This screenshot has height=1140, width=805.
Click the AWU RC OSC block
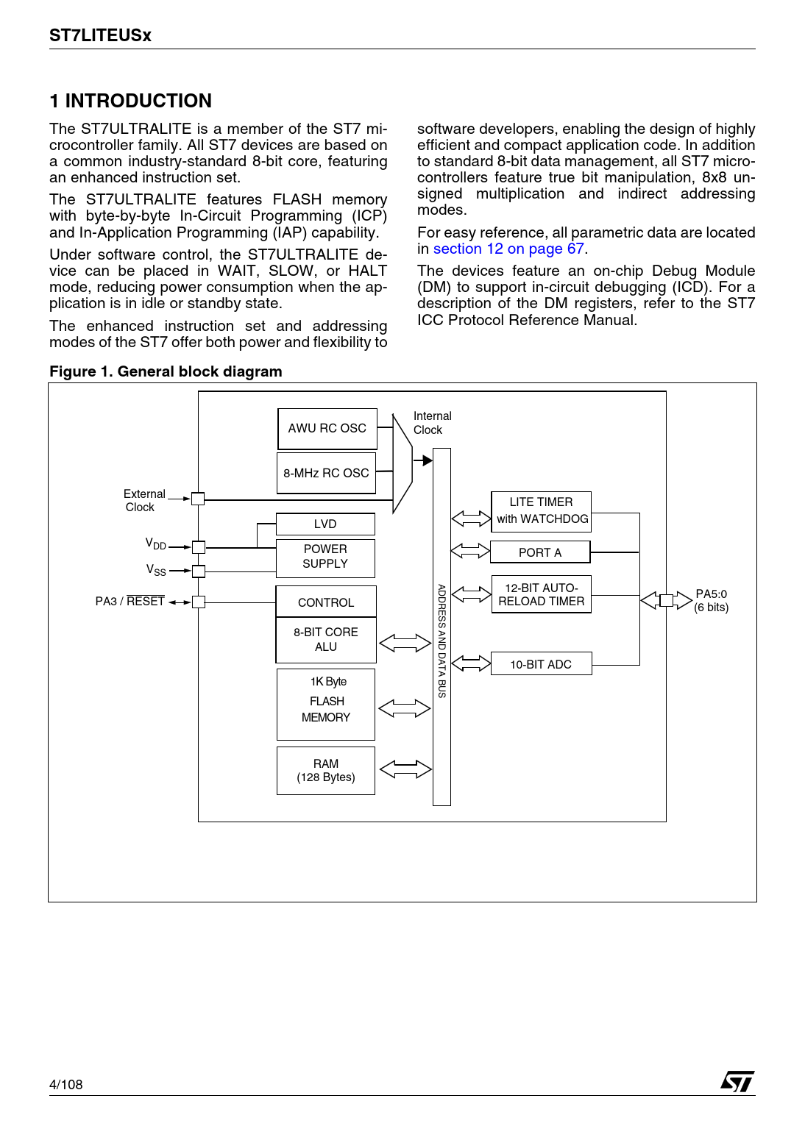(327, 429)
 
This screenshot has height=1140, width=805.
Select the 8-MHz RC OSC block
(326, 473)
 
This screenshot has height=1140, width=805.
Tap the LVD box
(325, 524)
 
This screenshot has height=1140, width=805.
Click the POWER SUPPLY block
(325, 557)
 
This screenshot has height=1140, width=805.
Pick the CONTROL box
(326, 602)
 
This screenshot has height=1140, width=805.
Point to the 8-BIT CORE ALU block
(326, 639)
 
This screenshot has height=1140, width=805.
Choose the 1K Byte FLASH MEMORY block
(326, 703)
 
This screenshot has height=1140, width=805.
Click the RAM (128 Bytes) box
(326, 770)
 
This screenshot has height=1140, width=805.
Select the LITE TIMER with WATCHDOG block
(542, 510)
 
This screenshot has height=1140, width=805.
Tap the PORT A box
(540, 552)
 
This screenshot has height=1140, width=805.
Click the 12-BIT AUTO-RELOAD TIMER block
(542, 594)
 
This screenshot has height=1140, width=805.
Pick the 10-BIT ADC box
(541, 664)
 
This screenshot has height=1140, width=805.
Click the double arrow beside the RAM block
(405, 769)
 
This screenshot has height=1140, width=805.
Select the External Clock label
(143, 501)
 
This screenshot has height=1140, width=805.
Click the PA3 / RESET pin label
(130, 602)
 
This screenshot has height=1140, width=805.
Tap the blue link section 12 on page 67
(508, 249)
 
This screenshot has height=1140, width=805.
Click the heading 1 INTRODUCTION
(131, 101)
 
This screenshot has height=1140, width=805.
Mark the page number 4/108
(66, 1084)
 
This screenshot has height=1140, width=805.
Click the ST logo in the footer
(737, 1081)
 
